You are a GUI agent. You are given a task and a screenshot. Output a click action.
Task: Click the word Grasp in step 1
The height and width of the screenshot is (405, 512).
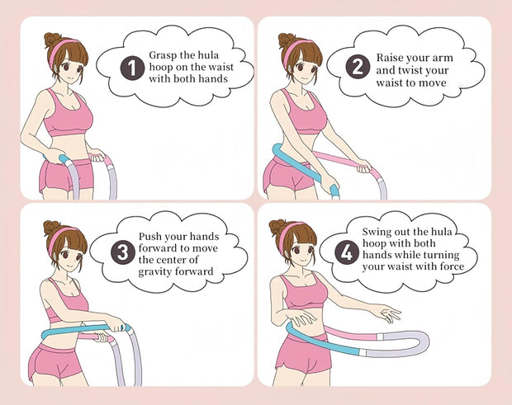(163, 54)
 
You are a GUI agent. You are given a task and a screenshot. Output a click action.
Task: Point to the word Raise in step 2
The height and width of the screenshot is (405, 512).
(390, 58)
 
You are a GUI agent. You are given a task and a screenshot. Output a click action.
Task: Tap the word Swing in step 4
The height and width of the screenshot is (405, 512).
(378, 232)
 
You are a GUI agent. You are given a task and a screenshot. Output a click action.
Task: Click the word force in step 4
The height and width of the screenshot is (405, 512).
(447, 266)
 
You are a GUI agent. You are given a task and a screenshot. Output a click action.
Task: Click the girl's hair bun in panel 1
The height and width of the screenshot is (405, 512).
(53, 39)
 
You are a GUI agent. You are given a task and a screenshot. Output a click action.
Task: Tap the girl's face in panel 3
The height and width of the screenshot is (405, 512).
(70, 251)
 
